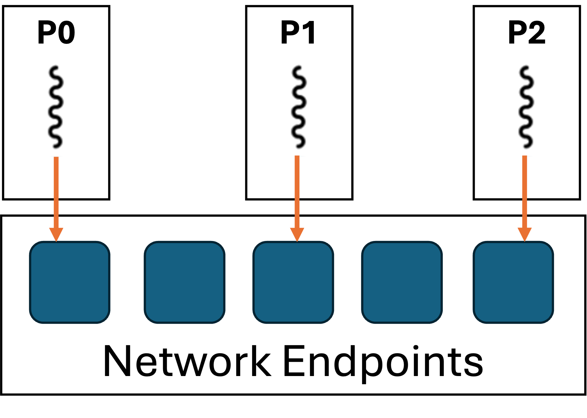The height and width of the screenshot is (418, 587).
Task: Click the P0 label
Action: coord(56,32)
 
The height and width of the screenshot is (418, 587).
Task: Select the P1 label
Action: coord(298,32)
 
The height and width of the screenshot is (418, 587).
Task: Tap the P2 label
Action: coord(527,32)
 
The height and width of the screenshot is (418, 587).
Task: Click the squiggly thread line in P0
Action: coord(56,107)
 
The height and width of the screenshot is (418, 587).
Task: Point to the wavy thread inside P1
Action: coord(299,107)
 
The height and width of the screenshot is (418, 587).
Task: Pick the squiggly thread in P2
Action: coord(526,107)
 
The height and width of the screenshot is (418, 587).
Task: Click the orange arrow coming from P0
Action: coord(56,199)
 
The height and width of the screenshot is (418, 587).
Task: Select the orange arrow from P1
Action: coord(297,199)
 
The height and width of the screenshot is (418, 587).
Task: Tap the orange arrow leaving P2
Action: coord(525,199)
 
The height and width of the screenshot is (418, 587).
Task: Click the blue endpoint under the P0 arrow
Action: coord(70,282)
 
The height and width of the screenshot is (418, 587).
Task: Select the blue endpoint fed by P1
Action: coord(293,282)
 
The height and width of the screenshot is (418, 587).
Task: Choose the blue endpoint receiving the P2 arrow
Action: coord(513,282)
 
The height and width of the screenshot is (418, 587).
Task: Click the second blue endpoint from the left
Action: coord(185,282)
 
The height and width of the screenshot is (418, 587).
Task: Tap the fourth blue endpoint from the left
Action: coord(402,282)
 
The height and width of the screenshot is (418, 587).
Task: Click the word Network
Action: coord(188,362)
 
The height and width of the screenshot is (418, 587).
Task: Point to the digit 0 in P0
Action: coord(66,32)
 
